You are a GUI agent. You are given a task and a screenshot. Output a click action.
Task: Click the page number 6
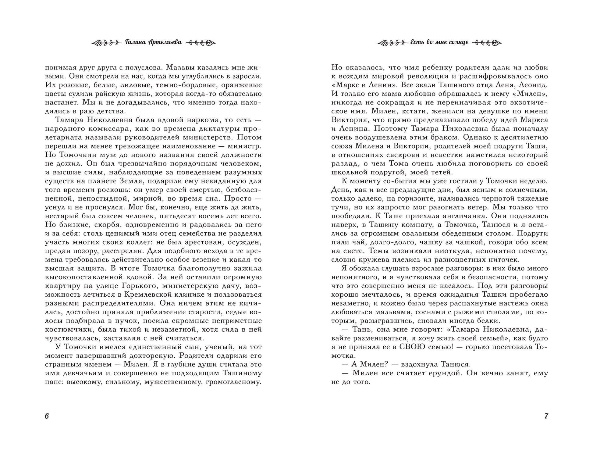pos(47,416)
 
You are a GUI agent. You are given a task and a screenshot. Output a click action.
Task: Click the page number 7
pos(546,416)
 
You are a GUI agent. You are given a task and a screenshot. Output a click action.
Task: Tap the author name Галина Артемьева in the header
pos(153,42)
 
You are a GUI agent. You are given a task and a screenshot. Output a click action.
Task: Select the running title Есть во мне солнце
pos(439,42)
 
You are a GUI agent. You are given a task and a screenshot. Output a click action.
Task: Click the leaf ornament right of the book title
pos(487,43)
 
